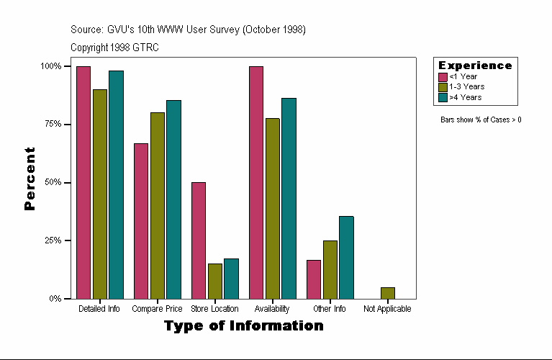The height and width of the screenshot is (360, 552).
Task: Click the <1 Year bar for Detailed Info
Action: (83, 182)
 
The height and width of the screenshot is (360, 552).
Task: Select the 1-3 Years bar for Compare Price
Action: (158, 205)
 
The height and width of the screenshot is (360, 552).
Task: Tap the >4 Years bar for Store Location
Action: (231, 279)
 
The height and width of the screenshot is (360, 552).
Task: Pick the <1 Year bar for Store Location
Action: (199, 240)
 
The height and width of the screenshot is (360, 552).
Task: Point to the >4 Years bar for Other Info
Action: (346, 257)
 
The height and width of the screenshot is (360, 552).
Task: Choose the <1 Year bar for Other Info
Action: (314, 279)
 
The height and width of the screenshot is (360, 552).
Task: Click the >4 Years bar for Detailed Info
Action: (116, 184)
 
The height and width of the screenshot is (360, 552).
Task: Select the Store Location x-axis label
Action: (214, 309)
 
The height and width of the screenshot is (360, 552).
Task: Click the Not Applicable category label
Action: (387, 309)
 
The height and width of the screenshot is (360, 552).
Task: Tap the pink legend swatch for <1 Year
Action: (443, 77)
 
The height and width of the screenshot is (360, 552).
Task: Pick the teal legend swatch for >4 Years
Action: (443, 97)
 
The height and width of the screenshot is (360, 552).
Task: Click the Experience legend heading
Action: (475, 66)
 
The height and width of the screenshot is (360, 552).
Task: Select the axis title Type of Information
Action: (243, 326)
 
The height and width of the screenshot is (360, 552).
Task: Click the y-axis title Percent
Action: (30, 179)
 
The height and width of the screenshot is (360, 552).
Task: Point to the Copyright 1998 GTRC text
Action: (115, 48)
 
